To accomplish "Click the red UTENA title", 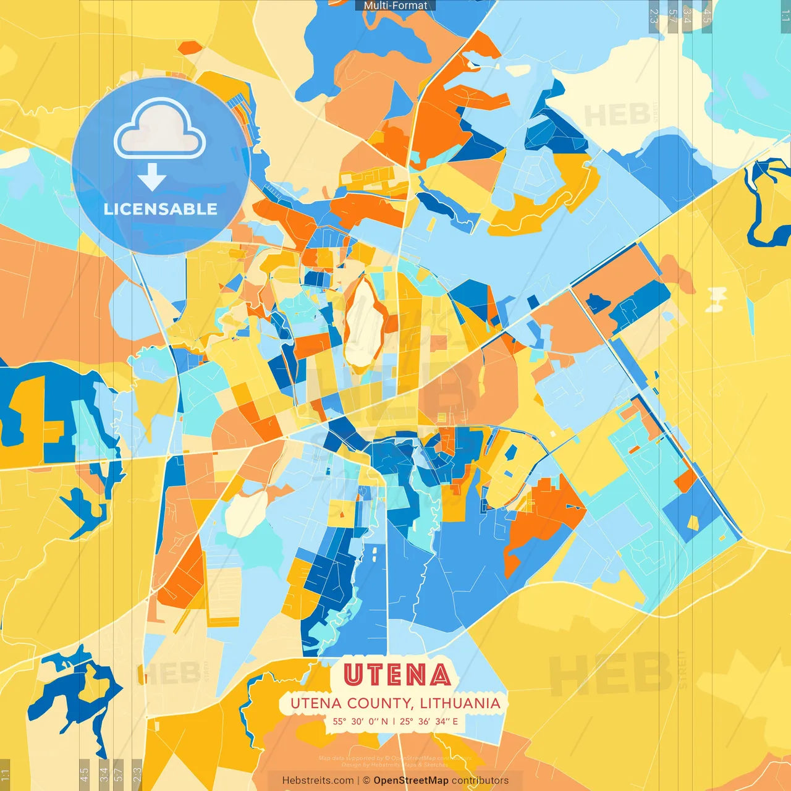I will [x=397, y=675].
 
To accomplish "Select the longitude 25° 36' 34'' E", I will [x=429, y=721].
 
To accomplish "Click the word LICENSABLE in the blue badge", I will [x=161, y=209].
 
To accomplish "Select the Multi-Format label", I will [x=395, y=6].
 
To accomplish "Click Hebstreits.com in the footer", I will [x=318, y=780].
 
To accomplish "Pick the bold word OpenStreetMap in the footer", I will [x=411, y=780].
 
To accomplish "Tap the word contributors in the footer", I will [x=480, y=780].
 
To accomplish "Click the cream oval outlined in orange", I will [x=365, y=324].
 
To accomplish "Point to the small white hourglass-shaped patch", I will [x=716, y=299].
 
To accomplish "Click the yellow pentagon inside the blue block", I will [x=693, y=523].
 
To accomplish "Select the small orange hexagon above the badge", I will [x=190, y=47].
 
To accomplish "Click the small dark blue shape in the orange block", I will [x=597, y=303].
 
